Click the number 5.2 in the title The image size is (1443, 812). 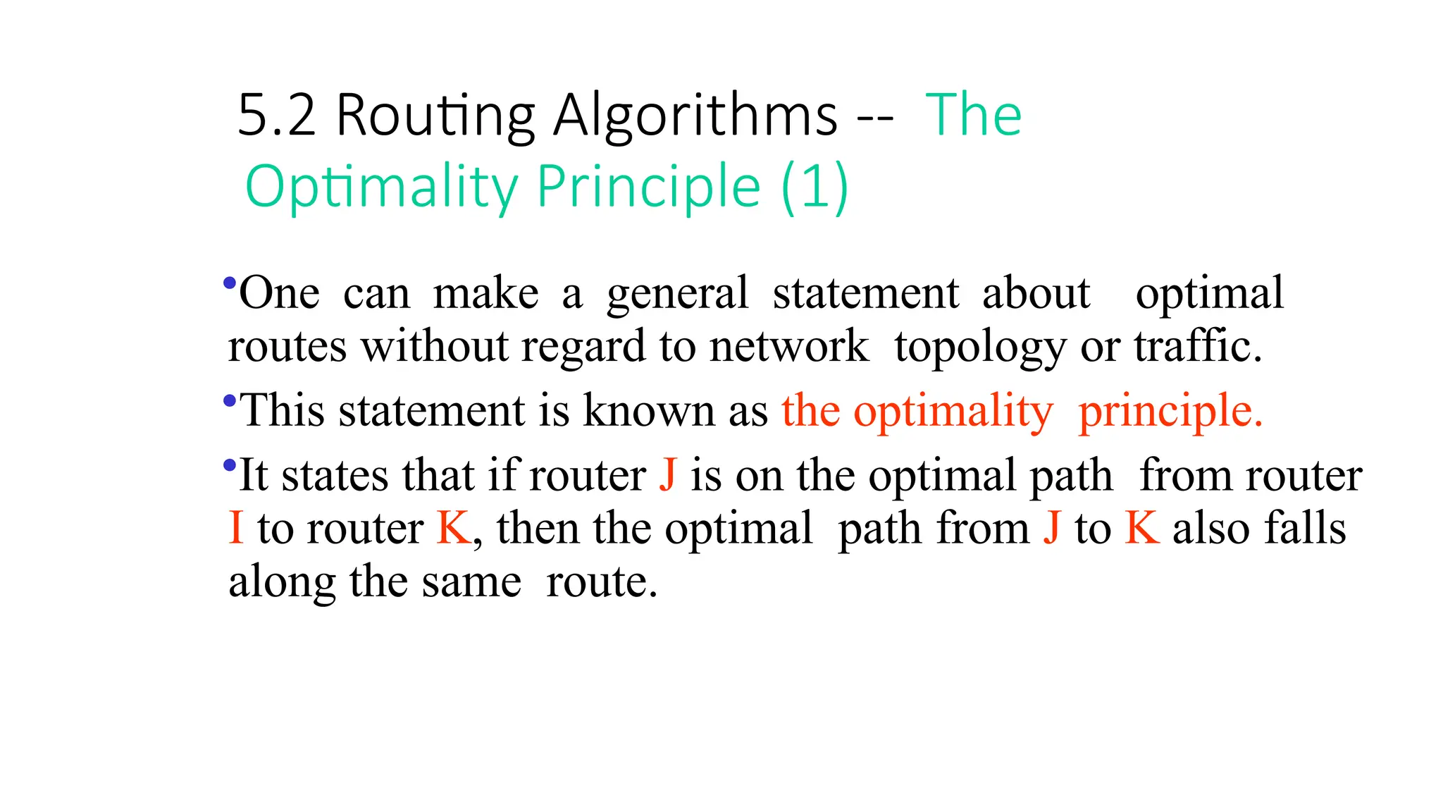pyautogui.click(x=276, y=115)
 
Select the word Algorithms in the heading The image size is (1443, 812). pyautogui.click(x=695, y=115)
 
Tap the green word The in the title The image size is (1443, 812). pyautogui.click(x=973, y=115)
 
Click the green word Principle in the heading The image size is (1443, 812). pyautogui.click(x=648, y=186)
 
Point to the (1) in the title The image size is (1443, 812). pyautogui.click(x=815, y=186)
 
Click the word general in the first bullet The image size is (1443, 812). pyautogui.click(x=677, y=294)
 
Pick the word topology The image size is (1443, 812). pyautogui.click(x=980, y=347)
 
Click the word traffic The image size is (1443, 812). pyautogui.click(x=1197, y=346)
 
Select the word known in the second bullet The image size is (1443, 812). pyautogui.click(x=648, y=411)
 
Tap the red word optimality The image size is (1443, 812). pyautogui.click(x=953, y=411)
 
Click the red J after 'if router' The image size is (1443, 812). pyautogui.click(x=668, y=475)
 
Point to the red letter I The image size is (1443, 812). pyautogui.click(x=237, y=528)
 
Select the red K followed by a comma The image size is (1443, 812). pyautogui.click(x=454, y=528)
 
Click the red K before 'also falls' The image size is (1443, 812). pyautogui.click(x=1142, y=528)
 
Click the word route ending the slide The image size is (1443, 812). pyautogui.click(x=601, y=582)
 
